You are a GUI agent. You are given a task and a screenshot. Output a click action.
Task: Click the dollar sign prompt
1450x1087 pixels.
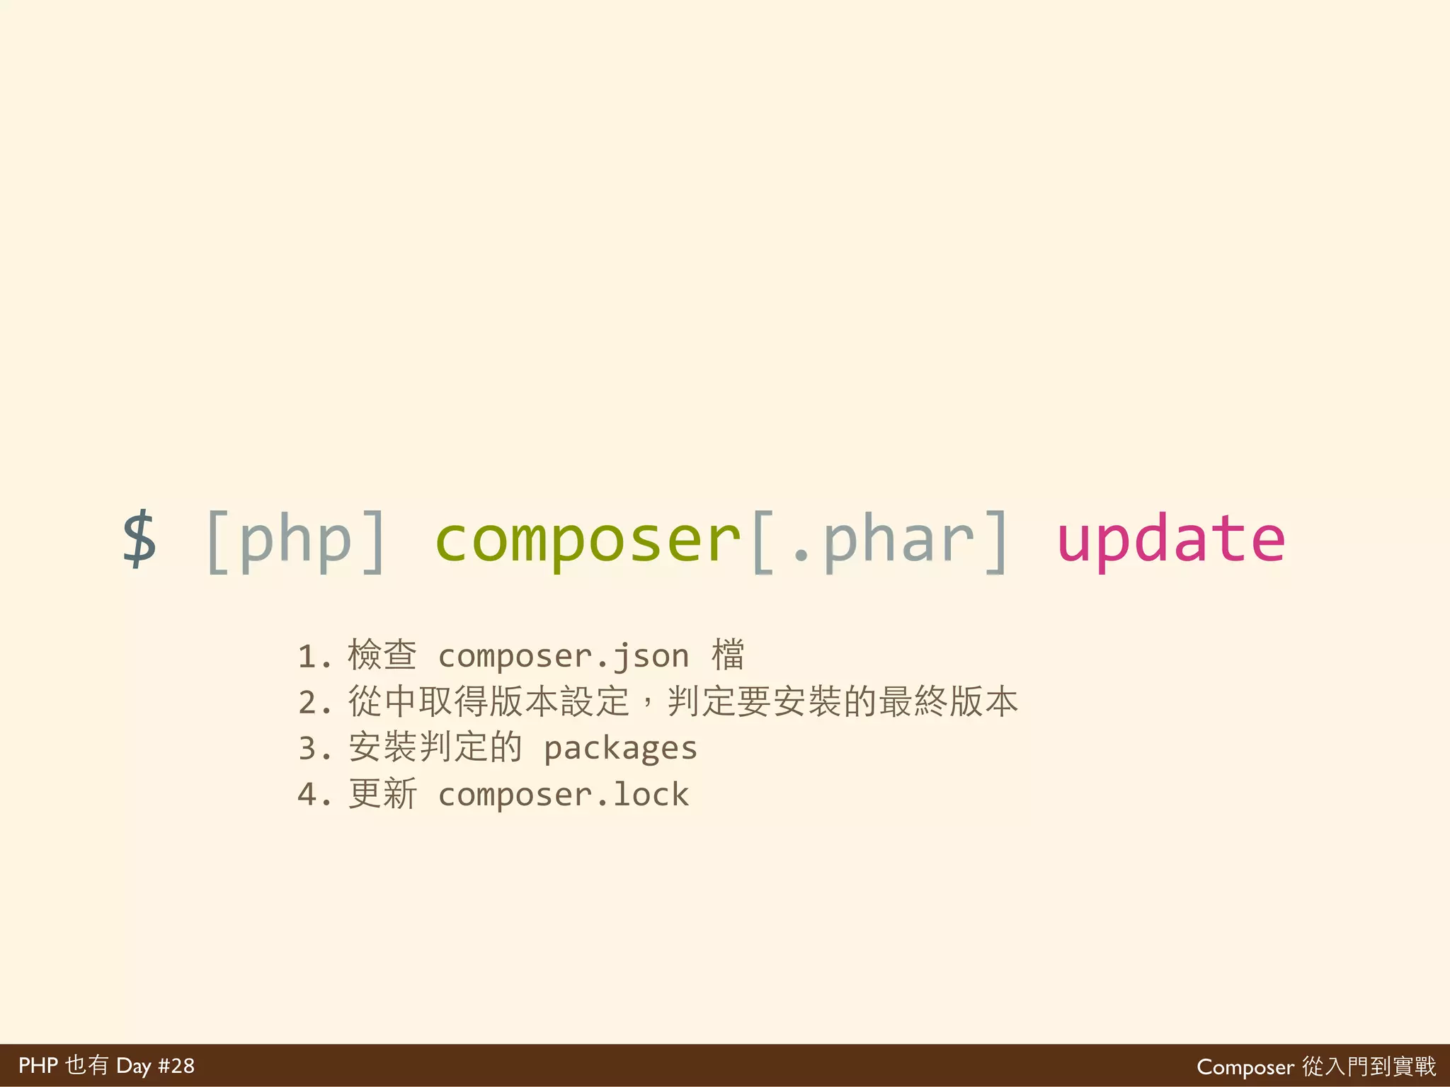click(x=139, y=539)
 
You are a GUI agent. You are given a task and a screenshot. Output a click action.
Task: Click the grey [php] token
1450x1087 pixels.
click(x=296, y=541)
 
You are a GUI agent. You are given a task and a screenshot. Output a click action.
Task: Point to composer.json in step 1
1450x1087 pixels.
click(x=564, y=657)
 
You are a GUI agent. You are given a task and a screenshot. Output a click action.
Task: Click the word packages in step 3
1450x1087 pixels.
click(x=620, y=749)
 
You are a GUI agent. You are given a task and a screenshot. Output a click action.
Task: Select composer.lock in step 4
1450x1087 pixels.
click(x=564, y=795)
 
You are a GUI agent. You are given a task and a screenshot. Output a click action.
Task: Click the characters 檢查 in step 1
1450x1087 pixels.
click(x=382, y=655)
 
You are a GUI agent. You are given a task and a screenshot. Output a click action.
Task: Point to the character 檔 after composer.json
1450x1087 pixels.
click(x=728, y=655)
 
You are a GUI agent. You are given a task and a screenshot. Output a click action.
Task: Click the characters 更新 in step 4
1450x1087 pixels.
click(x=382, y=793)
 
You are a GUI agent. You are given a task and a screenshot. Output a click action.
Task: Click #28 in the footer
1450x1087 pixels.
click(x=176, y=1066)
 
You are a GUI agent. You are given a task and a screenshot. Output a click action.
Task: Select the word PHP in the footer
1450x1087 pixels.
click(x=38, y=1066)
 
